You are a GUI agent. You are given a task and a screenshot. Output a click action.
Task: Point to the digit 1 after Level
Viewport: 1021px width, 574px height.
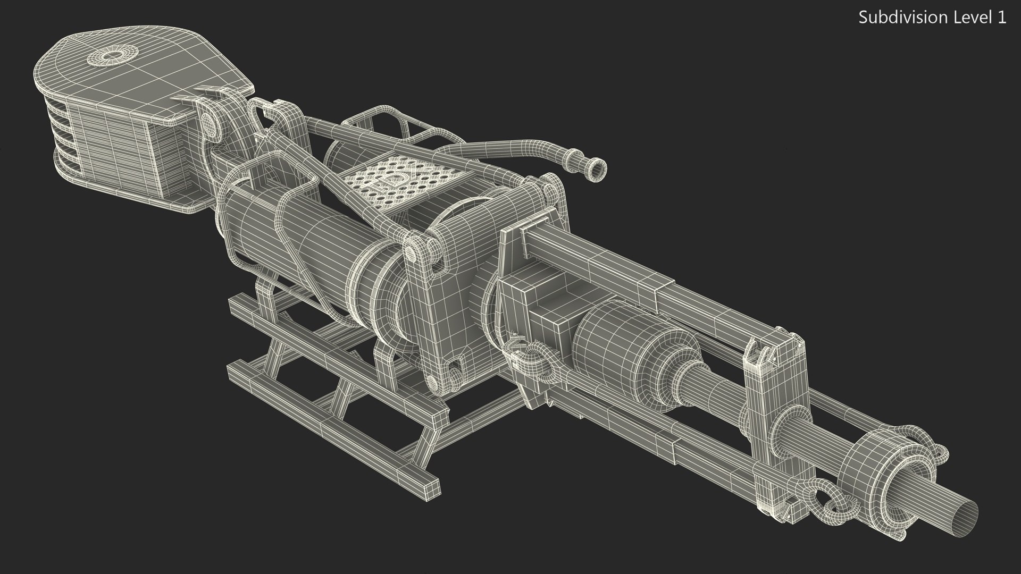click(1001, 18)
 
